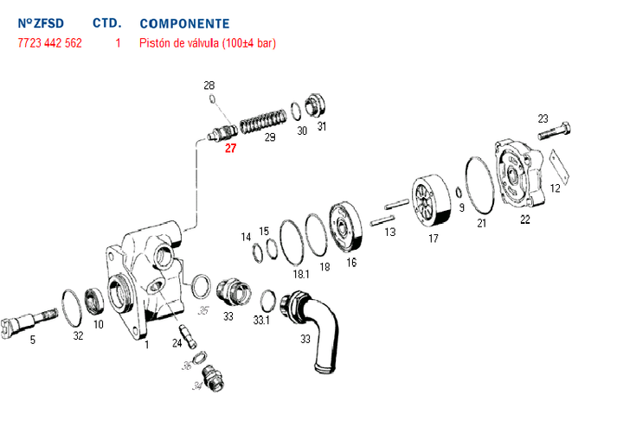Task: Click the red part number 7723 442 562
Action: tap(49, 42)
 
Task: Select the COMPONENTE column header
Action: tap(184, 23)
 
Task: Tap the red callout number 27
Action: tap(230, 148)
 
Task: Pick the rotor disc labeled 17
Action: tap(433, 204)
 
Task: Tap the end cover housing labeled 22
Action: tap(521, 176)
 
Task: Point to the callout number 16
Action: tap(351, 262)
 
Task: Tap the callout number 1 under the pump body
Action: tap(147, 345)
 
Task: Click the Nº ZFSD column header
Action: tap(40, 23)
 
